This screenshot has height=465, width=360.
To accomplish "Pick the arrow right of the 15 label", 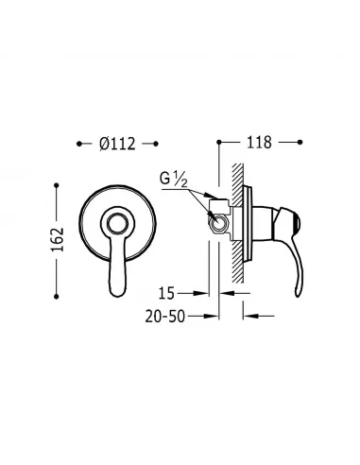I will [212, 293].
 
